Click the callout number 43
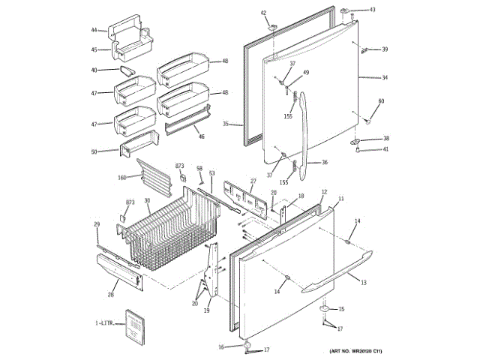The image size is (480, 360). pos(373,10)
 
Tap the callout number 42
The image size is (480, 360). pos(263,13)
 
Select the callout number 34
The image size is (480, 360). pos(385,78)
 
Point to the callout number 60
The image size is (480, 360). pos(381,101)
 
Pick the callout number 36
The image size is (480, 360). pos(325,162)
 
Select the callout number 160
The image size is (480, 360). pos(122,178)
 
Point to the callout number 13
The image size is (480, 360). pos(363,283)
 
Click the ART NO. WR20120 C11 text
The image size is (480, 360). pos(361,351)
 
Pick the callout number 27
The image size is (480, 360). pos(253,181)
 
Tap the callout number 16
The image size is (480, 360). pos(221,346)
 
